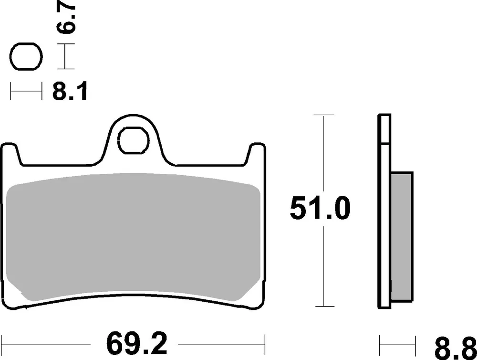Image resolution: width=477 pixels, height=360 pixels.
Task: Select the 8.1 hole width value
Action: [x=70, y=90]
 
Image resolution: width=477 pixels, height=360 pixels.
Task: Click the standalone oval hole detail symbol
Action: [x=24, y=58]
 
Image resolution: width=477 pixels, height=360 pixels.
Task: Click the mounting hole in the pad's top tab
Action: [x=133, y=140]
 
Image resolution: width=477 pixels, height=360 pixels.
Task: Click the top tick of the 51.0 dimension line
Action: [x=323, y=116]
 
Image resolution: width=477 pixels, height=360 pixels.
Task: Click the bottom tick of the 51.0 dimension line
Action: [x=323, y=306]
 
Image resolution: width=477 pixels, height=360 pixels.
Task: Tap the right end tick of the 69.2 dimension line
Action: [x=265, y=343]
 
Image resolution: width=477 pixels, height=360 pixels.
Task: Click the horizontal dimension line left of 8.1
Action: [x=25, y=91]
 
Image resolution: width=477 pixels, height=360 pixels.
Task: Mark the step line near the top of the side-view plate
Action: [x=385, y=142]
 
